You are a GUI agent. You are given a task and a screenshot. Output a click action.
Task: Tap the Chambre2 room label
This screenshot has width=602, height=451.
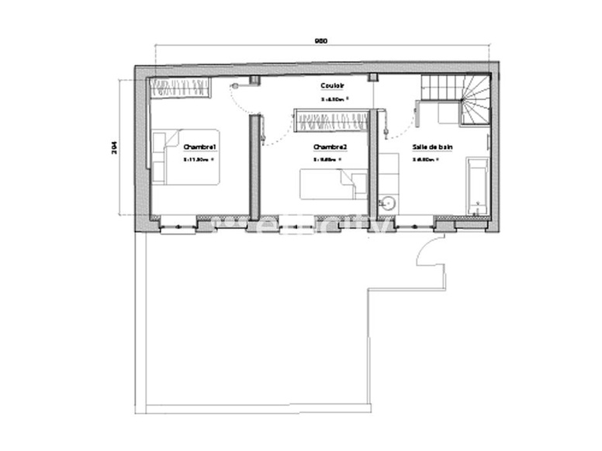[330, 147]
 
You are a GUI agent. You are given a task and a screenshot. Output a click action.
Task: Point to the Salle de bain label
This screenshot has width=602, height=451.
[432, 146]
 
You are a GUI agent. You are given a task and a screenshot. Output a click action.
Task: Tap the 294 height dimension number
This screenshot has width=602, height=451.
[113, 147]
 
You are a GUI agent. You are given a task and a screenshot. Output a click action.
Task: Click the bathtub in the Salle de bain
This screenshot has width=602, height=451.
[476, 185]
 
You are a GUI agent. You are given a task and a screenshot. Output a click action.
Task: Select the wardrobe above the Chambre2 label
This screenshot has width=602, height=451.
[331, 120]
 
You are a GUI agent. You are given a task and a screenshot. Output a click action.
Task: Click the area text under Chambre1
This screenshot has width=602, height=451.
[197, 160]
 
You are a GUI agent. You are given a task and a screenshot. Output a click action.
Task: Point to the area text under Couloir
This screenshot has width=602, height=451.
[335, 100]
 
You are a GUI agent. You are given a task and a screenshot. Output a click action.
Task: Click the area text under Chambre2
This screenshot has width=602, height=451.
[327, 160]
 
